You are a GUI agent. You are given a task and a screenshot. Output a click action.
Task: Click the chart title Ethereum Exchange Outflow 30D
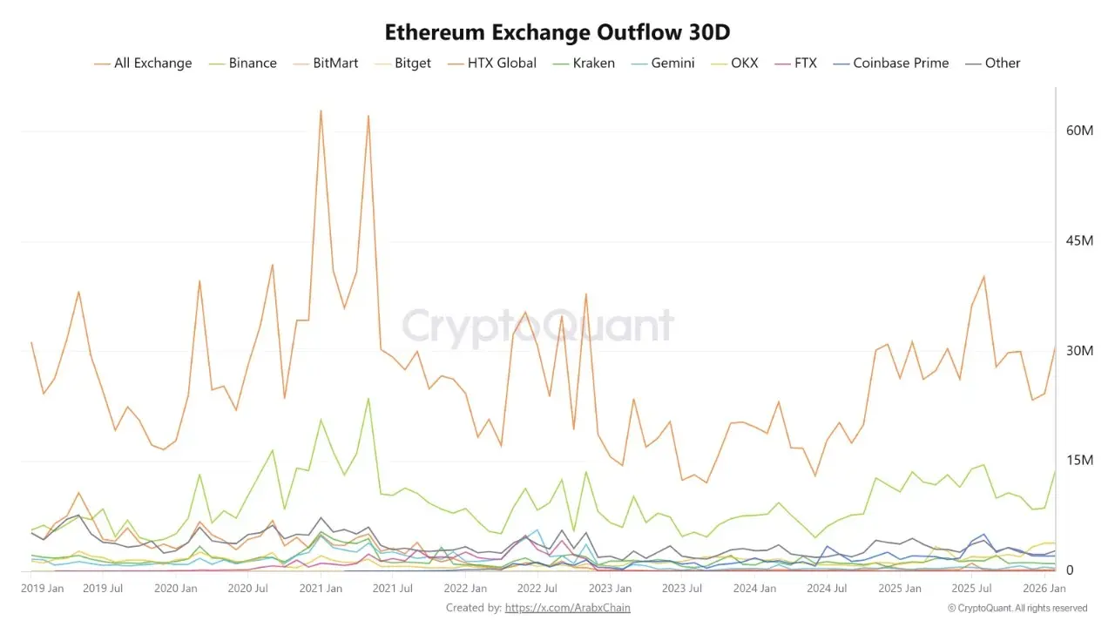point(557,32)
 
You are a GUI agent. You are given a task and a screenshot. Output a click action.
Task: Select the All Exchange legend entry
point(143,63)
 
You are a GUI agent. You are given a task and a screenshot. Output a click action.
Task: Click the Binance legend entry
point(243,63)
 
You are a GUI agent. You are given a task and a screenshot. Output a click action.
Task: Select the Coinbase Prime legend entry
point(891,63)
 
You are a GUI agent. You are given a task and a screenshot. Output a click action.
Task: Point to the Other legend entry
point(993,63)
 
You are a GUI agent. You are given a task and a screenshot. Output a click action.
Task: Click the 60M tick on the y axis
point(1079,131)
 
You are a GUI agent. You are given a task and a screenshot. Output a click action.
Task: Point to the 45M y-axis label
point(1079,241)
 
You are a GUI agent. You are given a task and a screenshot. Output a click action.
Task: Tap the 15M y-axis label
point(1079,461)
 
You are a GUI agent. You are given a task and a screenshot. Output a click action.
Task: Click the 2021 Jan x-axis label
point(321,589)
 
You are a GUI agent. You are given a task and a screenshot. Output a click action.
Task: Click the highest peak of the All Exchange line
point(321,111)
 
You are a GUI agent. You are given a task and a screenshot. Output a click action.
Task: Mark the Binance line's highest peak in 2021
point(368,399)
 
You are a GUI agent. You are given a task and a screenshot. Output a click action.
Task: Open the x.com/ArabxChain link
point(567,608)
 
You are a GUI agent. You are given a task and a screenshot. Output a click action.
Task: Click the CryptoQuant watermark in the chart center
point(537,326)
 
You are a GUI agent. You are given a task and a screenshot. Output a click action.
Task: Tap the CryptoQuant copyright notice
point(1017,608)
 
